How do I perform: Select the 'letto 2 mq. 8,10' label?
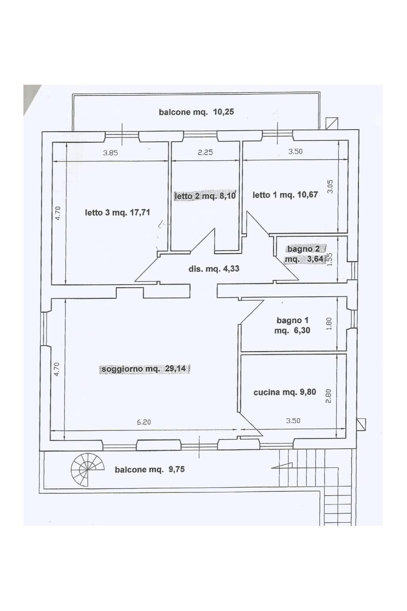coord(205,196)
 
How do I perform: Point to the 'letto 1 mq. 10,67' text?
coord(285,195)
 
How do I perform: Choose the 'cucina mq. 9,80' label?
coord(285,392)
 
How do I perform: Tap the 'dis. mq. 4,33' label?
coord(214,269)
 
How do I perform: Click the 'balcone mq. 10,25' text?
coord(196,112)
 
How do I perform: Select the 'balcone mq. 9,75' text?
coord(150,469)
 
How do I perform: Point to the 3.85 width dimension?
coord(110,153)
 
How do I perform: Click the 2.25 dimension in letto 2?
coord(205,152)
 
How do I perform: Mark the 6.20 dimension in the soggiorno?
coord(143,422)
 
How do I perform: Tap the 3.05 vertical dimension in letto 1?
coord(330,187)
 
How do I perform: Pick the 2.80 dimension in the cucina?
coord(328,396)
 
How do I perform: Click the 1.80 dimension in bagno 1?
coord(329,323)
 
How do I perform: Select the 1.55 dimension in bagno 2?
coord(329,259)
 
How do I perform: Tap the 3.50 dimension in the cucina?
coord(293,420)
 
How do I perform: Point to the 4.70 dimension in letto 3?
coord(58,213)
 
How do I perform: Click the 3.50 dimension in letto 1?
coord(295,151)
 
